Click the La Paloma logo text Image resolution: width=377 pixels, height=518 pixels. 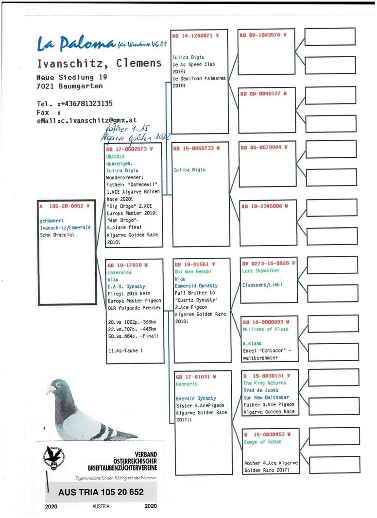click(76, 45)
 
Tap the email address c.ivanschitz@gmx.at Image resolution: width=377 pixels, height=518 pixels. click(98, 120)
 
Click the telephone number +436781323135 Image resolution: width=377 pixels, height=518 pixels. click(87, 103)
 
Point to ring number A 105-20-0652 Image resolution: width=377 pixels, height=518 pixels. click(66, 206)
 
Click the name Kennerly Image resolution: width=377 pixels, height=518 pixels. click(187, 384)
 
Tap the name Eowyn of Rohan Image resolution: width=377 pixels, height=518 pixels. click(263, 442)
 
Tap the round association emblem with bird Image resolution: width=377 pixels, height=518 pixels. click(53, 457)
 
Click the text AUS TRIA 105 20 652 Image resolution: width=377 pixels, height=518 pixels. click(101, 492)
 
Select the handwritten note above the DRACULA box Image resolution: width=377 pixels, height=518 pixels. click(129, 134)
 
